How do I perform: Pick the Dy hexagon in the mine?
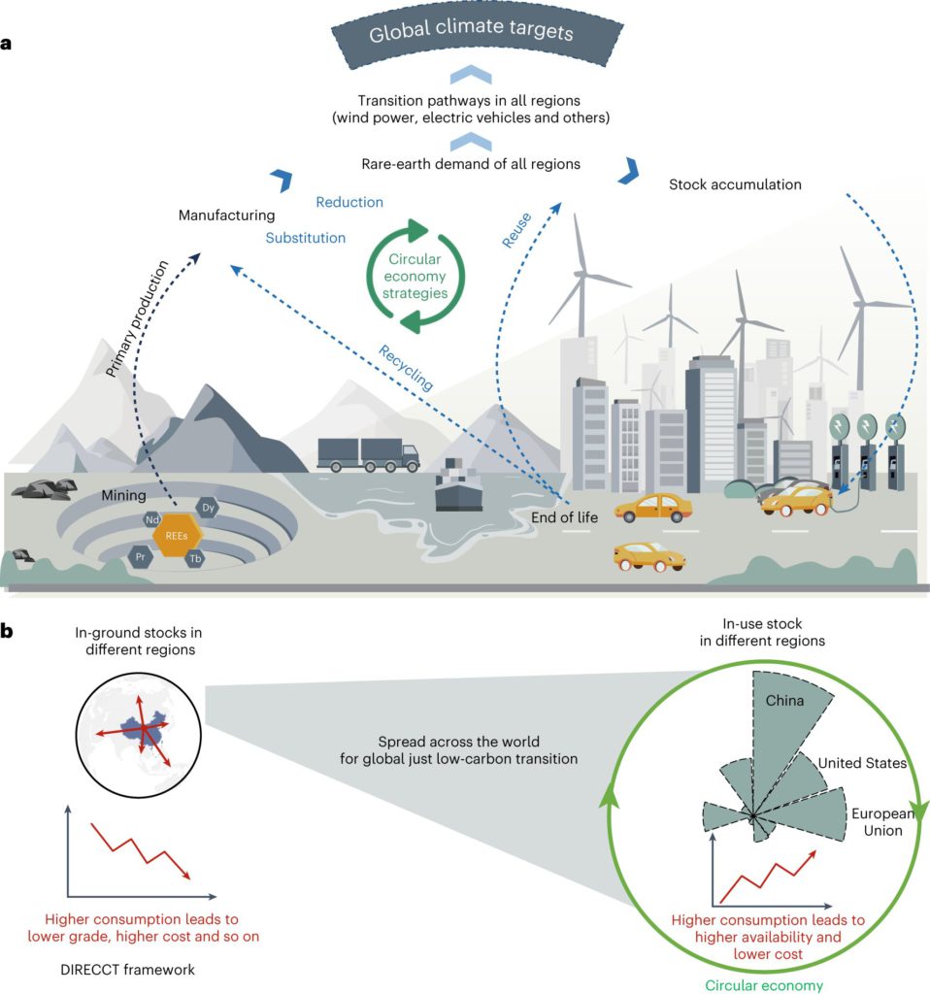pos(208,508)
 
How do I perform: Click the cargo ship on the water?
pos(459,490)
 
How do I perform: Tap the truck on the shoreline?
pos(368,453)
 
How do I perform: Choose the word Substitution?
pos(306,237)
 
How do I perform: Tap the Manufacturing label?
pos(226,215)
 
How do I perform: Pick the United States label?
pos(861,763)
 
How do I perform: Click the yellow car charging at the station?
pos(795,500)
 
